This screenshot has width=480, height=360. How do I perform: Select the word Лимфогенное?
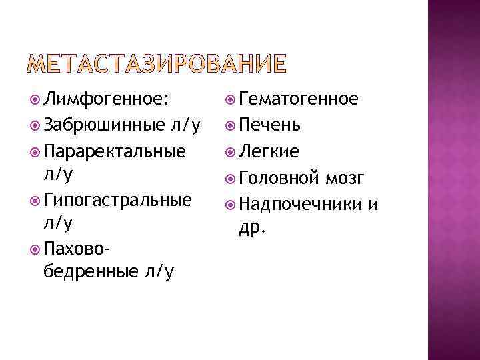104,100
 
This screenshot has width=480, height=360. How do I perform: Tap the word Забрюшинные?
104,125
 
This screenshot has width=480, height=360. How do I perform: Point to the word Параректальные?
113,151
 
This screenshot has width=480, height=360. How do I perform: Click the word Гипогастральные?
117,200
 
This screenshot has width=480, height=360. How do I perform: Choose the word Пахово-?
76,249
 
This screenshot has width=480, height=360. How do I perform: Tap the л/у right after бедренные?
158,273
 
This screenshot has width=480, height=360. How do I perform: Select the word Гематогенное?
299,100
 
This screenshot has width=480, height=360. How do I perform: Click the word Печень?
269,125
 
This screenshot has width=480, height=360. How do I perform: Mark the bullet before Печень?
230,125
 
